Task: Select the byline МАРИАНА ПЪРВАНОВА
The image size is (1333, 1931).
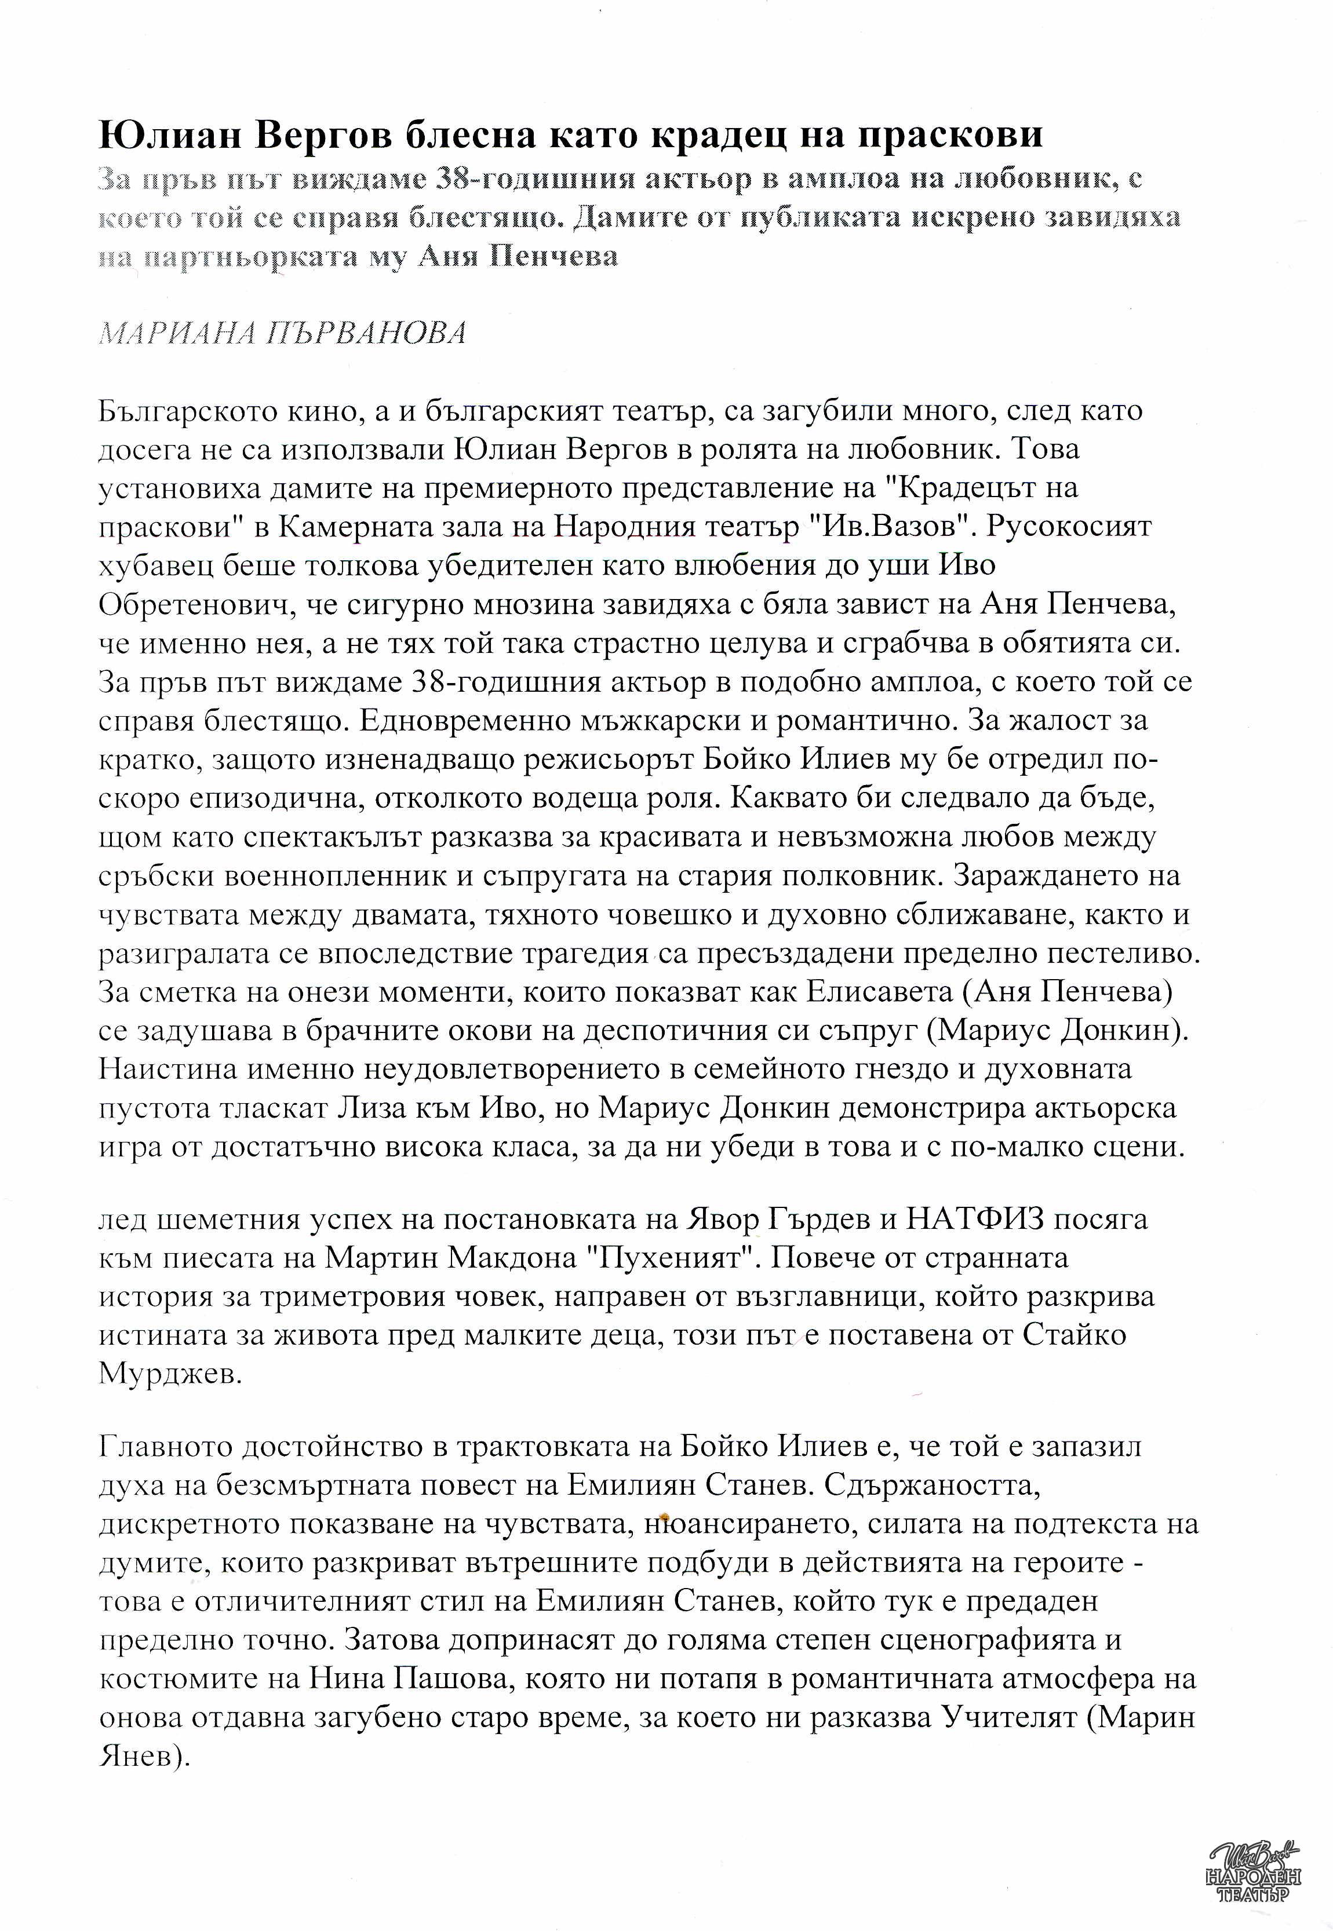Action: tap(282, 334)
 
